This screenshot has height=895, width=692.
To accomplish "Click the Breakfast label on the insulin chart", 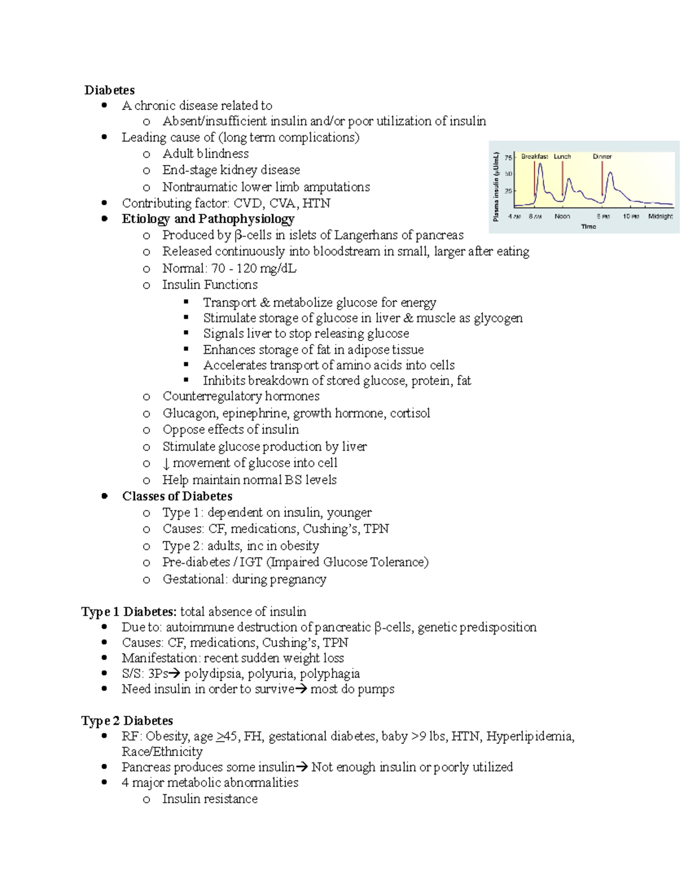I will (534, 156).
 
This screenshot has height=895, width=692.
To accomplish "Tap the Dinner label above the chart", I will (602, 156).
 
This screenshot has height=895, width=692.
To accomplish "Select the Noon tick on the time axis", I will (562, 217).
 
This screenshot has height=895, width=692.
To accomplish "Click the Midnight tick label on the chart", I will (660, 217).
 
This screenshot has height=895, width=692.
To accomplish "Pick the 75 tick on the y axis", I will (508, 157).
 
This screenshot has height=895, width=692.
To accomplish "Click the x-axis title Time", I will (589, 226).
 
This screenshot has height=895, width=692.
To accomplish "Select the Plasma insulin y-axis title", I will (496, 187).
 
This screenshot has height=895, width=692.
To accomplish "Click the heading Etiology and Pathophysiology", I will (208, 219).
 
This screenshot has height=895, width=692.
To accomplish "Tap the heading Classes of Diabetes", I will (177, 496).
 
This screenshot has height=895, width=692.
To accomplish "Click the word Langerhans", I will (366, 235).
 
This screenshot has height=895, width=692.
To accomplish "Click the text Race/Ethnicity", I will (162, 752).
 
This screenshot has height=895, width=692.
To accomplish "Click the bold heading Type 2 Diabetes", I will (127, 721).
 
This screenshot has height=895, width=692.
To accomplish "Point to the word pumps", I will (375, 689).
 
